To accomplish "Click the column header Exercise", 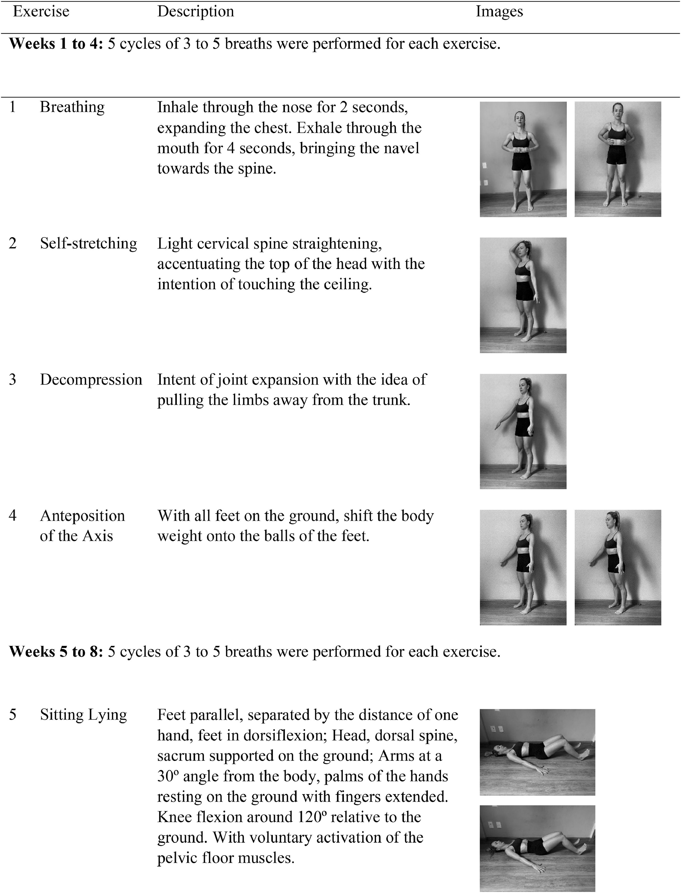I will pos(41,11).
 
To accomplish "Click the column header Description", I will pos(195,11).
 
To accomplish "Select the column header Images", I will pos(499,11).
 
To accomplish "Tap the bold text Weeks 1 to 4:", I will pos(56,44).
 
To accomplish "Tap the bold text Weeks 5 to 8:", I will pos(56,651).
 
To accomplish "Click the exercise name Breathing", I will pos(72,107).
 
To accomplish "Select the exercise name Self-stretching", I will pos(88,243).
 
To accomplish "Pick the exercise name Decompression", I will pos(91,380).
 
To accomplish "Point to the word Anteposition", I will pos(82,516).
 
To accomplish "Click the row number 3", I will pos(13,380).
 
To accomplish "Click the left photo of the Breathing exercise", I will pos(523,159).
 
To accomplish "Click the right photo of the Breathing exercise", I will pos(617,159).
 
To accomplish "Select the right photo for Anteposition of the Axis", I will pos(617,567).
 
